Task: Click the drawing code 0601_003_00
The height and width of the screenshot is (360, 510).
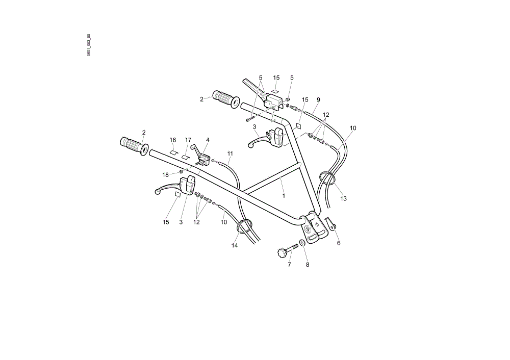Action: click(x=89, y=45)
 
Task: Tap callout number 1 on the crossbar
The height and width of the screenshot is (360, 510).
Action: click(x=284, y=196)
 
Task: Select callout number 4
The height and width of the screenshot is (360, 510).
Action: click(x=208, y=140)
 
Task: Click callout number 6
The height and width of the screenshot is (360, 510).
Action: click(x=339, y=243)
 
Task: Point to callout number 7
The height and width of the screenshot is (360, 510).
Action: click(x=290, y=265)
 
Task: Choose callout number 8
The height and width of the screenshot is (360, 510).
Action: click(x=308, y=265)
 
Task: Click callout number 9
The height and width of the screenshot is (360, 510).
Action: click(x=318, y=100)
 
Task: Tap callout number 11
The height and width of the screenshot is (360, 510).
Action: click(x=231, y=153)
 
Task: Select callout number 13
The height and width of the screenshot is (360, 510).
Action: click(x=343, y=198)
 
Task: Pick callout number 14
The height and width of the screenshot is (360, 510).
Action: click(x=235, y=246)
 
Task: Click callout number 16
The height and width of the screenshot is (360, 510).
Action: click(x=173, y=140)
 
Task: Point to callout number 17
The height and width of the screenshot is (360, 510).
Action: click(x=188, y=140)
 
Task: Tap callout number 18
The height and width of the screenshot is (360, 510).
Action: click(x=166, y=175)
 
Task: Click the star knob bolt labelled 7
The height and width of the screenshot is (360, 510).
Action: click(x=288, y=249)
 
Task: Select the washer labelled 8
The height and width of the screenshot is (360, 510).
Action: click(x=302, y=243)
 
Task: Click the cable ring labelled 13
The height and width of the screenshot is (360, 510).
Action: click(x=327, y=178)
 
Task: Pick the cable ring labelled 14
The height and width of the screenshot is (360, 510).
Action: click(x=244, y=226)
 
